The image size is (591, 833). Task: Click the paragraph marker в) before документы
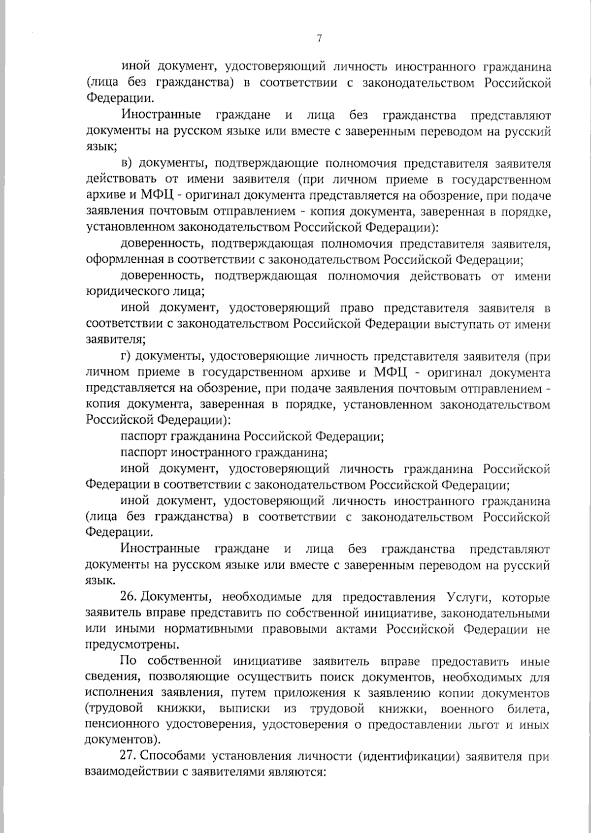coord(127,163)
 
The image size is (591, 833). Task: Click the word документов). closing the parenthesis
coord(123,740)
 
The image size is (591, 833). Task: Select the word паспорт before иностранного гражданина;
coord(143,452)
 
